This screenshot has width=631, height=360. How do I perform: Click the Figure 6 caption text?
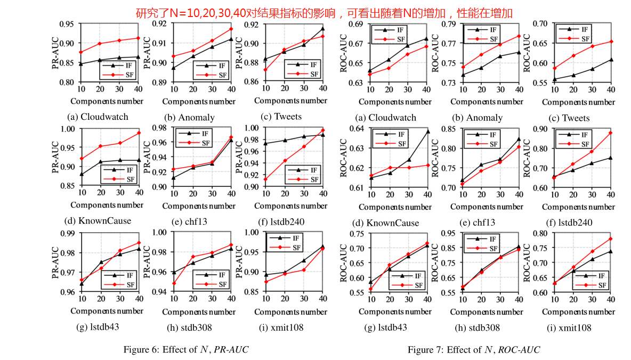pyautogui.click(x=186, y=349)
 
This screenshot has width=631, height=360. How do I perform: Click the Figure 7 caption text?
pyautogui.click(x=474, y=349)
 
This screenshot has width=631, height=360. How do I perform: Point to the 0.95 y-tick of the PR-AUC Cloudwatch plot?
pyautogui.click(x=67, y=24)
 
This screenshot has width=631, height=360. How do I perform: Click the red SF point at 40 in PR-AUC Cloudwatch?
pyautogui.click(x=138, y=38)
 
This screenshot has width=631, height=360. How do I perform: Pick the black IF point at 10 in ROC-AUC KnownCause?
pyautogui.click(x=371, y=177)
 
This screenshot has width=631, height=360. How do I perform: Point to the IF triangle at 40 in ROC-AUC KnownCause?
pyautogui.click(x=427, y=131)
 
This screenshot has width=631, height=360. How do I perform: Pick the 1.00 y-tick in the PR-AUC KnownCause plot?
pyautogui.click(x=67, y=129)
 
